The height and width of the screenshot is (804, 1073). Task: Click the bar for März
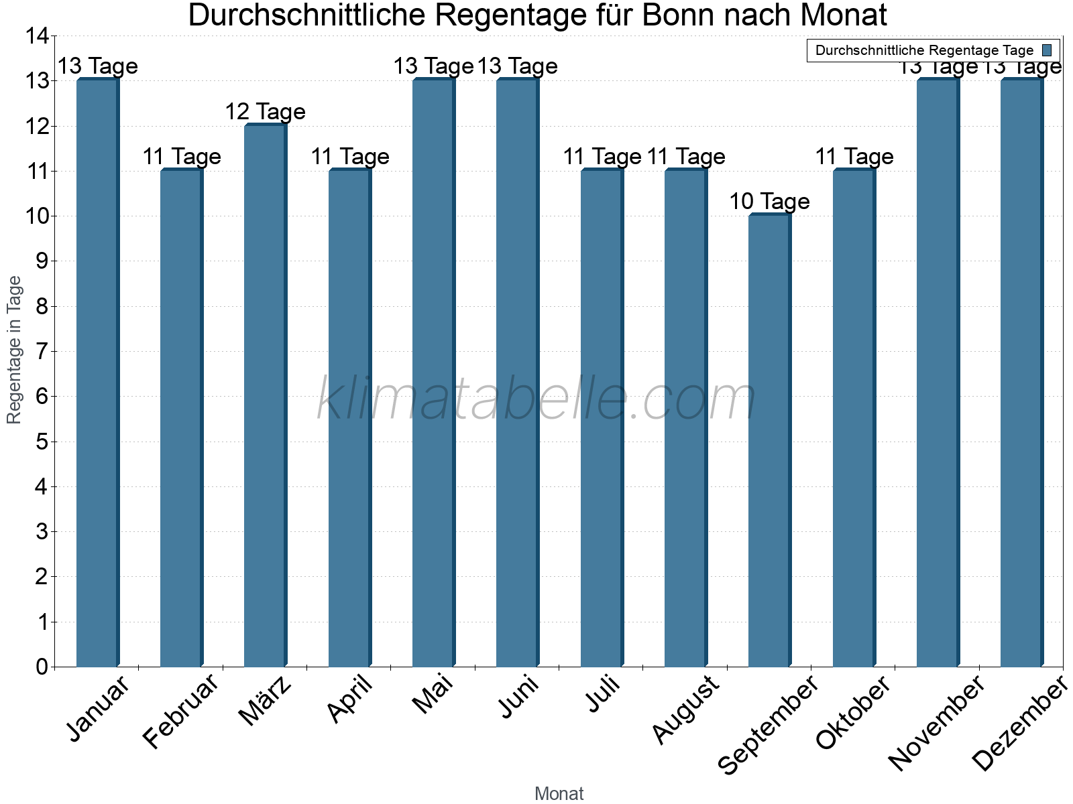click(265, 395)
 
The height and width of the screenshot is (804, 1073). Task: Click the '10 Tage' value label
click(769, 201)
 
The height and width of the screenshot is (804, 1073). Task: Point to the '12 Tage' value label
click(265, 111)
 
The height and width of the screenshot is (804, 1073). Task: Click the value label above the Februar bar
click(182, 156)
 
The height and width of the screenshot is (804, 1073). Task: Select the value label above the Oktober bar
click(854, 156)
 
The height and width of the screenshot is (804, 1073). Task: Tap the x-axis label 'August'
click(686, 710)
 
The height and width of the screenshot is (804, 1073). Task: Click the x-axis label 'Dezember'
click(1019, 724)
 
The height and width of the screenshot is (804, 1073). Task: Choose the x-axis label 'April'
click(351, 700)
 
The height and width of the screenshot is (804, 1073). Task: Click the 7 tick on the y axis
click(42, 351)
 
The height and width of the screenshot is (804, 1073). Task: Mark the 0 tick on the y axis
click(42, 667)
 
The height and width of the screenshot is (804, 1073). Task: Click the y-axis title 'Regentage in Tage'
click(14, 350)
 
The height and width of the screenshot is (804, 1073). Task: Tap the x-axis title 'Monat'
click(559, 793)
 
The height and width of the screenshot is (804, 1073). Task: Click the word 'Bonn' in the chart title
click(683, 15)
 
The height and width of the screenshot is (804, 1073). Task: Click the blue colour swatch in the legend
click(1047, 50)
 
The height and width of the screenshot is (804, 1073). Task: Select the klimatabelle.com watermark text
click(536, 399)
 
